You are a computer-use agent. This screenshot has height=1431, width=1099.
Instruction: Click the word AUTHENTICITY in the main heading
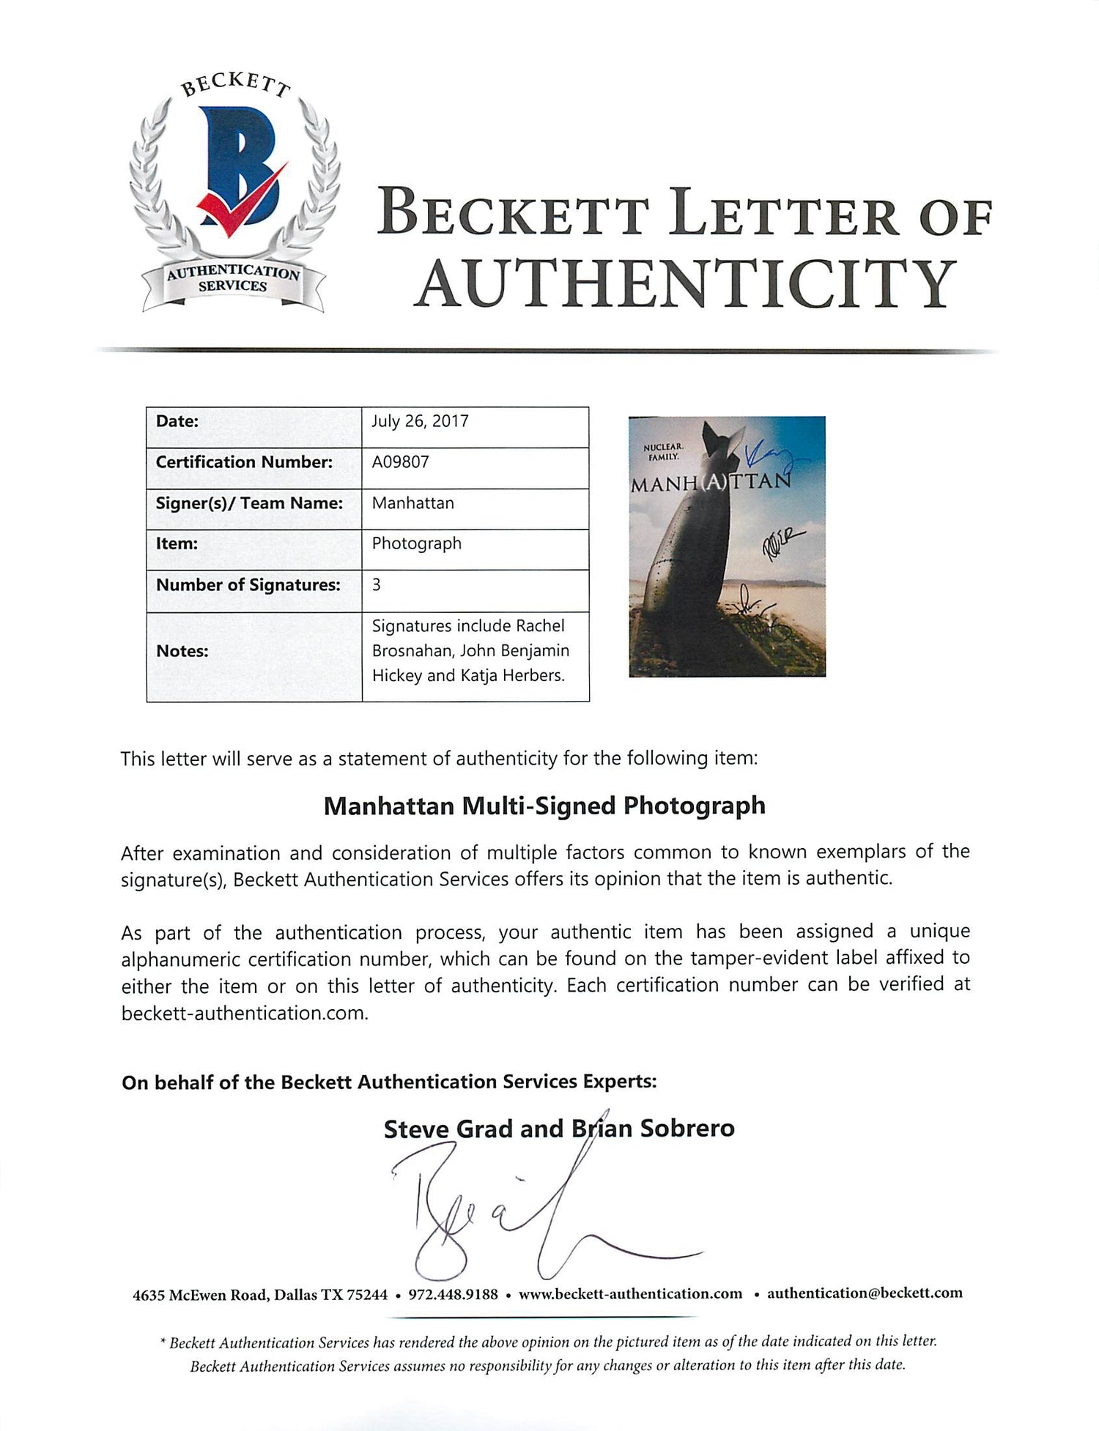click(x=686, y=283)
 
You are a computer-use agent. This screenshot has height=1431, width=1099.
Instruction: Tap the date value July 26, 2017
click(x=420, y=421)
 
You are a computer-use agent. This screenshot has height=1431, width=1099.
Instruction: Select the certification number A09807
click(x=400, y=462)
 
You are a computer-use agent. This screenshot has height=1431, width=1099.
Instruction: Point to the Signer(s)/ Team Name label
click(x=249, y=503)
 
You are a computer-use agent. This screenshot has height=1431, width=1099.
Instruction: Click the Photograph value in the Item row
click(x=416, y=543)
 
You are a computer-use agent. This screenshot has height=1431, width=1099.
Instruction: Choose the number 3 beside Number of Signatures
click(x=377, y=584)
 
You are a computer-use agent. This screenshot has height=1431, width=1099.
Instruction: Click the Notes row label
click(x=182, y=651)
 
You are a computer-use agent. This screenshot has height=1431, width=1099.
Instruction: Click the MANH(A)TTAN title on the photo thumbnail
click(x=711, y=483)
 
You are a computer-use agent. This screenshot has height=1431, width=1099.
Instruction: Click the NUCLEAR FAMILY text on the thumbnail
click(x=662, y=451)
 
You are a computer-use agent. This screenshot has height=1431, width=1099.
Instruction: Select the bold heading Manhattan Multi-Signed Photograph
click(x=544, y=806)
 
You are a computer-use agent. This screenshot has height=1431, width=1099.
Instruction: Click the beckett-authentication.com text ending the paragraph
click(x=243, y=1013)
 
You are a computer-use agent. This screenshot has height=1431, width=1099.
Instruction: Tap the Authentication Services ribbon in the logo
click(x=233, y=278)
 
